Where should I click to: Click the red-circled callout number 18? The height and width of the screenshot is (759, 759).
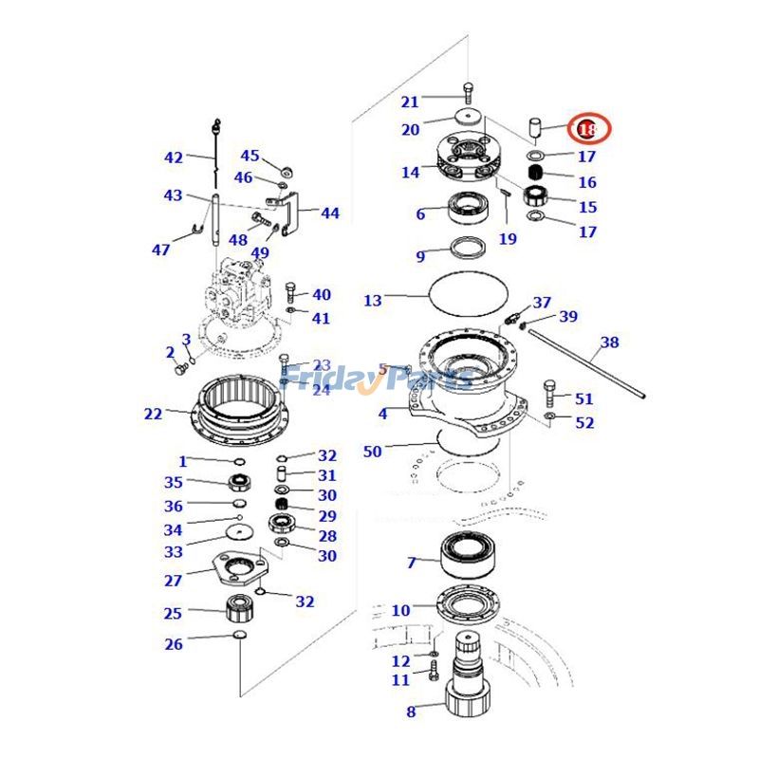[x=588, y=128]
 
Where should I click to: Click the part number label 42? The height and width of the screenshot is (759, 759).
[x=173, y=157]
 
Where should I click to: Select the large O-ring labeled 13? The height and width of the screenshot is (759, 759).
[x=469, y=295]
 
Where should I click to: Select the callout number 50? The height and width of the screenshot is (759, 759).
[x=372, y=452]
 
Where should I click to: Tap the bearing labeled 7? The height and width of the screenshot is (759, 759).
[x=469, y=554]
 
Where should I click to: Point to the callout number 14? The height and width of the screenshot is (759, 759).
[x=410, y=173]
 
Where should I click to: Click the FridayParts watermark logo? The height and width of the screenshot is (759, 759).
[x=379, y=379]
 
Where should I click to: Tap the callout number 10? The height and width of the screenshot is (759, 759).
[x=400, y=610]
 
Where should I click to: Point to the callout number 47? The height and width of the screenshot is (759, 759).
[x=161, y=250]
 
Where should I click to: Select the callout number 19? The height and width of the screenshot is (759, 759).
[x=508, y=239]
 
